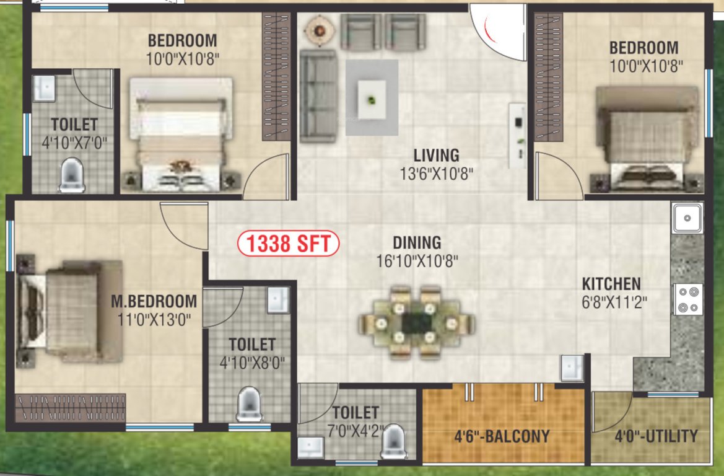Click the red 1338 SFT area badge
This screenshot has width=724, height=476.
(289, 244)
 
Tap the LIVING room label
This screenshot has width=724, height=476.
(437, 155)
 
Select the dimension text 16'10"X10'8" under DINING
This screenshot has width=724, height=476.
(417, 261)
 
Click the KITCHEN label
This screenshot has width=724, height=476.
(611, 284)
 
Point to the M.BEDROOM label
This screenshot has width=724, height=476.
(154, 302)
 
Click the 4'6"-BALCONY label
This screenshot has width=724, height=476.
(502, 436)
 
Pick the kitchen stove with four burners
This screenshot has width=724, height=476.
(688, 299)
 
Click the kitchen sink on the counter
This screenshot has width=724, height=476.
(687, 218)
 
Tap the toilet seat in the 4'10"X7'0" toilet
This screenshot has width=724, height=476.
(72, 175)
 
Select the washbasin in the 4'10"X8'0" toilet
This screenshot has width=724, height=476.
(278, 299)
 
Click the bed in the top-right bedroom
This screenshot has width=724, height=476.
(648, 136)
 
